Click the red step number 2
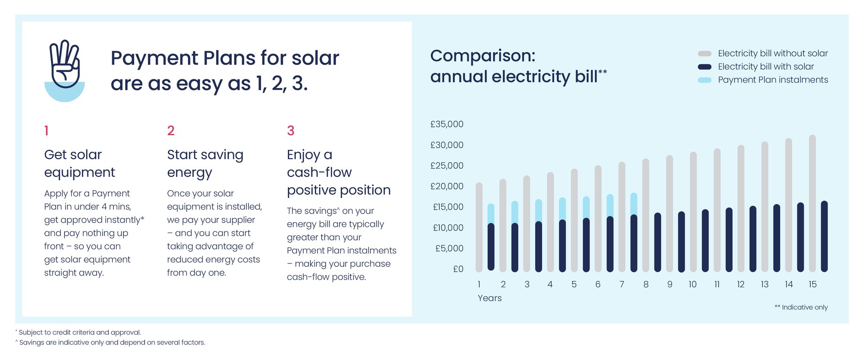[x=171, y=130]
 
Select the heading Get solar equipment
[x=79, y=163]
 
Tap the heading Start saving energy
[x=205, y=163]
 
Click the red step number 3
[x=291, y=130]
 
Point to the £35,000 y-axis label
[x=446, y=124]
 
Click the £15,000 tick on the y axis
[x=448, y=207]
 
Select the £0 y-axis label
[x=458, y=269]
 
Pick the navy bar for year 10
[x=705, y=240]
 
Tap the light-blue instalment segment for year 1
[x=491, y=213]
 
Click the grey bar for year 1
[x=479, y=225]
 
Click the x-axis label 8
[x=646, y=285]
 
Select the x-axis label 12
[x=740, y=285]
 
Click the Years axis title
[x=489, y=298]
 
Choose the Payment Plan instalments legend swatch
[x=704, y=80]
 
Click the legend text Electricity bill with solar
[x=766, y=67]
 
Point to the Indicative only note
[x=801, y=307]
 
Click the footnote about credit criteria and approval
[x=79, y=332]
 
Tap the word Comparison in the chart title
[x=482, y=56]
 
